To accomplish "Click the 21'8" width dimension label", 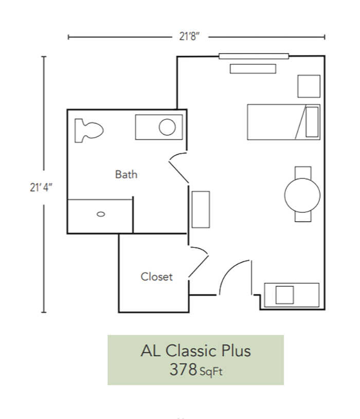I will coord(189,37).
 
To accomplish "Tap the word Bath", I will coord(126,174).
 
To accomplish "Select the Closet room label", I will coord(157,277).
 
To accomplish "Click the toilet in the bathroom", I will coord(88,130).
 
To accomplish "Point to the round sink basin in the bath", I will coord(167,127).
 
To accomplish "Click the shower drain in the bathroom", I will coord(101,214).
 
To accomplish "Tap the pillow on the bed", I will coord(312,122).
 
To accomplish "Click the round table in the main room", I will coord(302,194).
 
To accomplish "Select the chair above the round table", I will coord(302,172).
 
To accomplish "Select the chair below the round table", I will coord(302,216).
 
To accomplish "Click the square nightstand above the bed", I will coord(309,86).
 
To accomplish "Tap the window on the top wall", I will coord(254,56).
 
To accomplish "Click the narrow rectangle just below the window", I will coord(253,68).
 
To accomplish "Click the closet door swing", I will coord(198,262).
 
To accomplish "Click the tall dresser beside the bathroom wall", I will coord(201,209).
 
